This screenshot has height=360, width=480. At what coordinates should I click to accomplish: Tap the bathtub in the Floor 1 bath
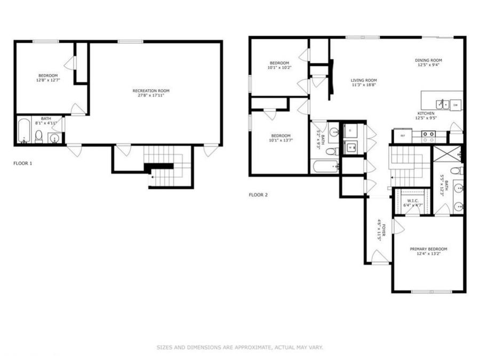point(24,131)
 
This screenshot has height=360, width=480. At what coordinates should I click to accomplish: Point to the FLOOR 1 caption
point(23,163)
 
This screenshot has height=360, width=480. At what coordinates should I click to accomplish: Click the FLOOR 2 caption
point(258,195)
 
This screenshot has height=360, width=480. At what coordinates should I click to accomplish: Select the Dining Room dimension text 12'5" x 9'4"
point(428,66)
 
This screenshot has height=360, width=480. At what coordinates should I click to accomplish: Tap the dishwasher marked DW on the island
point(455,106)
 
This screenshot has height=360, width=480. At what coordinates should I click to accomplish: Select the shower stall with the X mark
point(446,154)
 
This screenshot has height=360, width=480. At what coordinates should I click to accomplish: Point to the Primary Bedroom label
point(428,249)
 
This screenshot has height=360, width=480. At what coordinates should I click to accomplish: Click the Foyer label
point(379,230)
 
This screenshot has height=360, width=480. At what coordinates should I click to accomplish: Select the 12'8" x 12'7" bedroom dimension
point(47,81)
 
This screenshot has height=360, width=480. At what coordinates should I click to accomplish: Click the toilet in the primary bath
point(455,171)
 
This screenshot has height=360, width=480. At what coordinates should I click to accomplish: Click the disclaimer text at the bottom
point(239,347)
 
